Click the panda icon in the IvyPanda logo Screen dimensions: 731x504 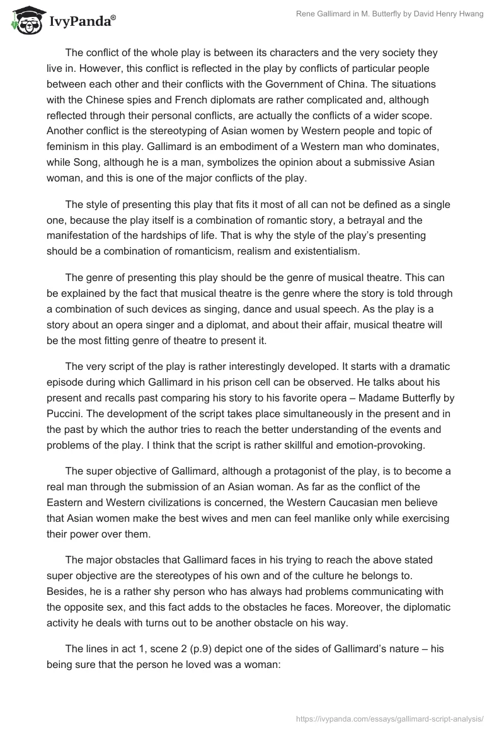[23, 20]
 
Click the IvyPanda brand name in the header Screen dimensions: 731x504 [81, 22]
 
